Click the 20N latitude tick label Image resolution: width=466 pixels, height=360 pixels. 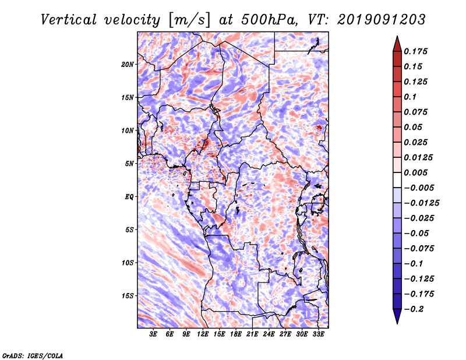coord(128,64)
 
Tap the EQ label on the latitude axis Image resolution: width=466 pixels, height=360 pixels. coord(129,197)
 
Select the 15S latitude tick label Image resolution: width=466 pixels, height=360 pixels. coord(128,296)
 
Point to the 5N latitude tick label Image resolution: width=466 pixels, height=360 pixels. coord(129,164)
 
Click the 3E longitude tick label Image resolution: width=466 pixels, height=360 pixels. coord(154,334)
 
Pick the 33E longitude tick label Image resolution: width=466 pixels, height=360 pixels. coord(318,334)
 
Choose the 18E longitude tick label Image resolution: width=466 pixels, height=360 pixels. coord(236,334)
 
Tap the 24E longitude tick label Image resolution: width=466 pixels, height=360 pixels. coord(269,334)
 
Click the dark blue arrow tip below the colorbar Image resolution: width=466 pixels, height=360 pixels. coord(396,319)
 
